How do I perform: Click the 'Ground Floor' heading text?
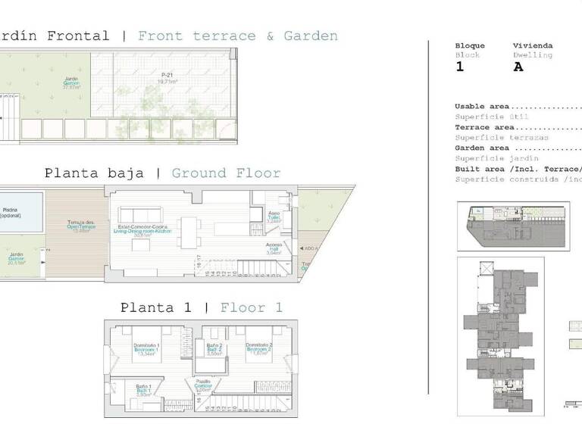point(226,173)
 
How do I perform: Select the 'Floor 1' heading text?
point(251,307)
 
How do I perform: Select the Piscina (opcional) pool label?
point(11,213)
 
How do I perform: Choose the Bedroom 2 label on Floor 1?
point(258,349)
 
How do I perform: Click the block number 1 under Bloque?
point(459,67)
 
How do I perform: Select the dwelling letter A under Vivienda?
point(518,67)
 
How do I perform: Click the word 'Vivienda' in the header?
point(533,45)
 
